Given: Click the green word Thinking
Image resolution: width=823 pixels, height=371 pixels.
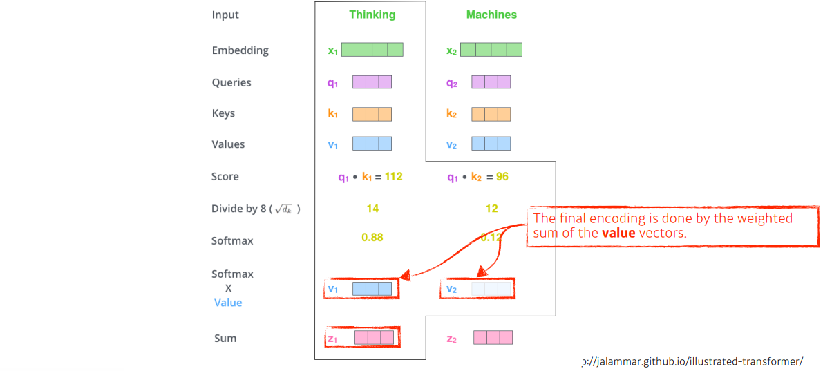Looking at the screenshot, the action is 372,15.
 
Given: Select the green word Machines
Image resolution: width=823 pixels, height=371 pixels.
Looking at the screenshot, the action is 491,15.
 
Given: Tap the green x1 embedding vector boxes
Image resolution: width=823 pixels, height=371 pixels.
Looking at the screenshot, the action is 372,50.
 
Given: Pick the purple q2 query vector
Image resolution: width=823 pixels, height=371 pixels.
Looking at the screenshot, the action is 491,82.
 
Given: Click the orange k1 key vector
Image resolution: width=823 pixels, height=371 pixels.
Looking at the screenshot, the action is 372,114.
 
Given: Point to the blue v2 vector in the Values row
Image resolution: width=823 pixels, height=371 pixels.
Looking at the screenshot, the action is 491,144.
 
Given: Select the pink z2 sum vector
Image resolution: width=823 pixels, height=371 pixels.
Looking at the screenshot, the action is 493,338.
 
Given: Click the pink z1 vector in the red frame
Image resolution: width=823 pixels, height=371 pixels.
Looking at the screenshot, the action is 374,338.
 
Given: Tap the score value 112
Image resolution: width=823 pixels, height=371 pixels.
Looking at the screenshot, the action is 393,177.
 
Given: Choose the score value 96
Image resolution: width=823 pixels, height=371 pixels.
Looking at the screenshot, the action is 502,177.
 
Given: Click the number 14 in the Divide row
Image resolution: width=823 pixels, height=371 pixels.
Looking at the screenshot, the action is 372,209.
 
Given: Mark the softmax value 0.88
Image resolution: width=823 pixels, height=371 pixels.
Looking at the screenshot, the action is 372,238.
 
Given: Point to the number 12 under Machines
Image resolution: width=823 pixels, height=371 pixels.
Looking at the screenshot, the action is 491,209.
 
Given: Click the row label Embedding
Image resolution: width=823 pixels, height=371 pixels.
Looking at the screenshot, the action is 240,50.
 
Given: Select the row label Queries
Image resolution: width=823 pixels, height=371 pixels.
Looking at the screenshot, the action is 231,83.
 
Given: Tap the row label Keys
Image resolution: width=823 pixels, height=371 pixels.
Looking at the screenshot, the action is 223,114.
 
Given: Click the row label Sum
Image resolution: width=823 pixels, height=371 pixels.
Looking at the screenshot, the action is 225,339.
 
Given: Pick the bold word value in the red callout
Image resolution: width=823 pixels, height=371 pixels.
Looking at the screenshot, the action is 618,234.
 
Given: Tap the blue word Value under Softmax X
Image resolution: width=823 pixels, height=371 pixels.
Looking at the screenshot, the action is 228,303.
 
